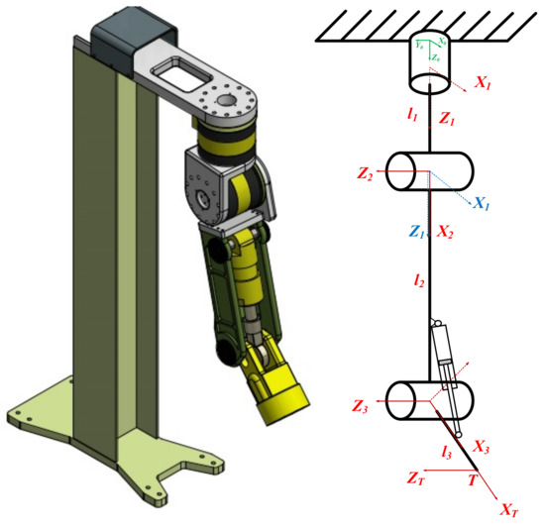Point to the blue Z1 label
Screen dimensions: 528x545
point(418,233)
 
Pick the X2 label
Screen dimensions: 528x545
point(446,233)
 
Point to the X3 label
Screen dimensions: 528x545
point(481,448)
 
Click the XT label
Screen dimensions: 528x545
point(508,511)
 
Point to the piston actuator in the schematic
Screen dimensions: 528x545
point(446,358)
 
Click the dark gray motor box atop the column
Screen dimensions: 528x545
point(118,39)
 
